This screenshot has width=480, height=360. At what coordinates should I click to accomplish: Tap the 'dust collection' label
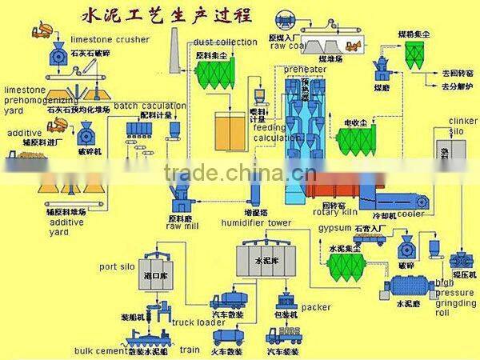click(x=225, y=42)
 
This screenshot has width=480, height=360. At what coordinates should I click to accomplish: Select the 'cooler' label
click(x=411, y=214)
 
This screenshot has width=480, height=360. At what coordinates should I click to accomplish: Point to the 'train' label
click(x=189, y=350)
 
